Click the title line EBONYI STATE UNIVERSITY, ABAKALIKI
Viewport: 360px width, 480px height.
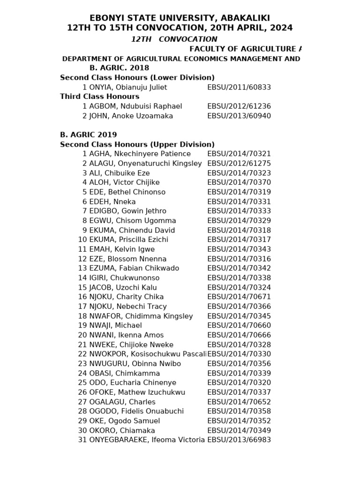(180, 18)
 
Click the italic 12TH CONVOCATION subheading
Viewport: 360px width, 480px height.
(174, 39)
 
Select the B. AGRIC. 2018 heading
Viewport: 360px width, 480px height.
(119, 68)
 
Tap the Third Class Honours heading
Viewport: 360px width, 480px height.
(99, 97)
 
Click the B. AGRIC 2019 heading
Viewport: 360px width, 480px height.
(89, 135)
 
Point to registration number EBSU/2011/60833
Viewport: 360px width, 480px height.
(239, 87)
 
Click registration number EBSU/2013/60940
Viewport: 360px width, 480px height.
(239, 116)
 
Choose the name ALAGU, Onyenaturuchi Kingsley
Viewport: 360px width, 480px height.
(145, 164)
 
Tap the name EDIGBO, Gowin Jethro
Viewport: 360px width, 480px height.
(127, 211)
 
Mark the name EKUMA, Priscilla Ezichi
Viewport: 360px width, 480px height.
(128, 240)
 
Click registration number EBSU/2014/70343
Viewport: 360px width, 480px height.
(239, 249)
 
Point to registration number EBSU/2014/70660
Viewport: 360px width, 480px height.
(239, 325)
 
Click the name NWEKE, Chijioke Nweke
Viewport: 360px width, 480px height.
(131, 345)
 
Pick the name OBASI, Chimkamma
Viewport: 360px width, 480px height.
(124, 373)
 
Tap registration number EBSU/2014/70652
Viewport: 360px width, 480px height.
(239, 402)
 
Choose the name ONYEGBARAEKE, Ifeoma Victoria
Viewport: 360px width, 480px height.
(147, 440)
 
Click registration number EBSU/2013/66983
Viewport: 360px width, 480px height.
(239, 440)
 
